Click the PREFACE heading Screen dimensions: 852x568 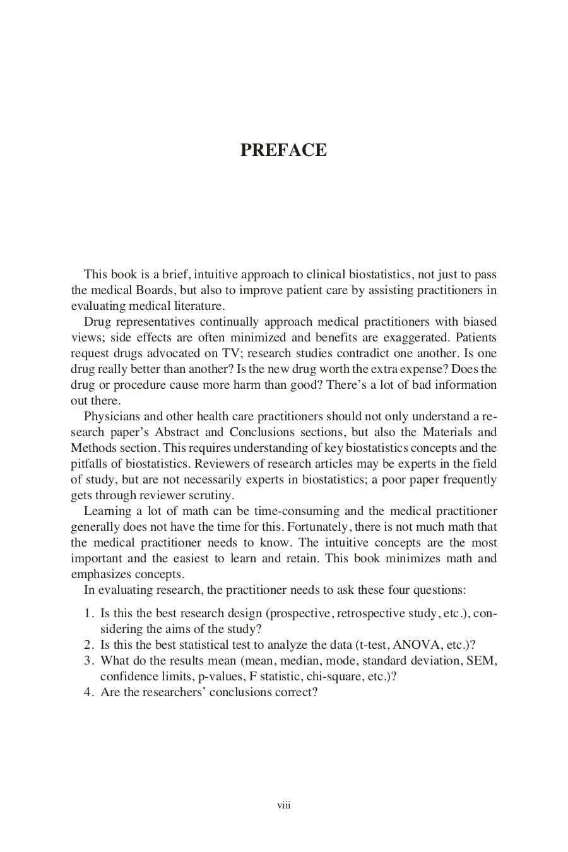[x=283, y=150]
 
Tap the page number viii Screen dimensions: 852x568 [x=284, y=805]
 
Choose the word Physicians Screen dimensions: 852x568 [x=110, y=417]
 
